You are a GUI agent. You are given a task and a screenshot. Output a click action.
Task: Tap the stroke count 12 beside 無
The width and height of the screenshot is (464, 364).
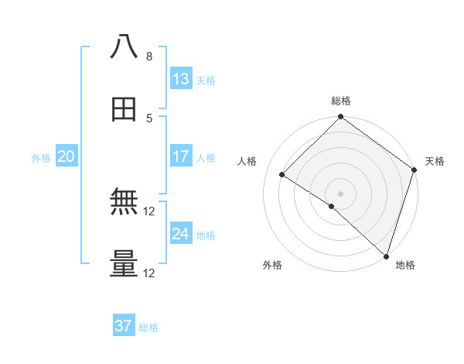[149, 211]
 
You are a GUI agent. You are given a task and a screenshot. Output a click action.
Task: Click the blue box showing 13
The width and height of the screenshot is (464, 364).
[181, 78]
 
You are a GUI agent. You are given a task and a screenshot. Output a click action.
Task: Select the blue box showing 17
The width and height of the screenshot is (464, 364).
[181, 156]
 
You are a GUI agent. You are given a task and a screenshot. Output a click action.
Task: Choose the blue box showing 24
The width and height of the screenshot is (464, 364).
[181, 234]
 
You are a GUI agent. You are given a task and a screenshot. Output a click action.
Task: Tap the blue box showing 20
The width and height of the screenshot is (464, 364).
[67, 156]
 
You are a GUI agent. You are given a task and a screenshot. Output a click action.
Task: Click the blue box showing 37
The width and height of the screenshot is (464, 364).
[124, 326]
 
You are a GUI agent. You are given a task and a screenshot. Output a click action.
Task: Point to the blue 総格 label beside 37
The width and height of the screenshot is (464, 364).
[148, 328]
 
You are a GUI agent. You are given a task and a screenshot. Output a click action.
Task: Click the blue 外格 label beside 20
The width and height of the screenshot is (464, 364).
[41, 158]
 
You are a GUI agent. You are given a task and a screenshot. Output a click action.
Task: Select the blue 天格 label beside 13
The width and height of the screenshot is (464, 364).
[206, 80]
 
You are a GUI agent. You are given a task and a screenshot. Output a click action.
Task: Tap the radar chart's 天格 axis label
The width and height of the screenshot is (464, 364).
[435, 161]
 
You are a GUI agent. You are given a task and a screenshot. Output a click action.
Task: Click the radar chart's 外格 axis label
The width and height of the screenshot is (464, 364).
[272, 265]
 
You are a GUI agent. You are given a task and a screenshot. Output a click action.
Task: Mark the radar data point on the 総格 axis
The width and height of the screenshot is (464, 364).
[341, 118]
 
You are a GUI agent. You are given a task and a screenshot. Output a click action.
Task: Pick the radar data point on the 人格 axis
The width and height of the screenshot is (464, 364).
[282, 175]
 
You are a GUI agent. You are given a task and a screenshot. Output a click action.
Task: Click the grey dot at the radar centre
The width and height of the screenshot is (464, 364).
[341, 193]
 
